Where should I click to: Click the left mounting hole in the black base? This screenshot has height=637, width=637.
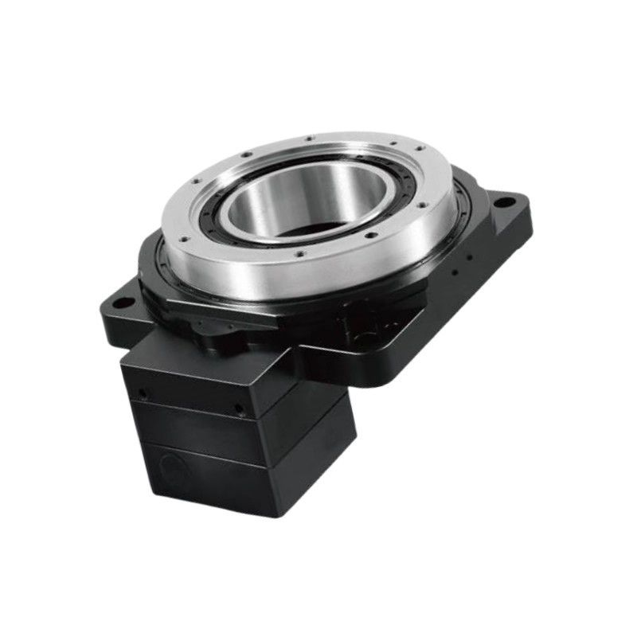tap(120, 303)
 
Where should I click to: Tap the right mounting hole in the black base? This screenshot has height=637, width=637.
tap(501, 202)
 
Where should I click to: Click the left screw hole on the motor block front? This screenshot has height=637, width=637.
tap(143, 393)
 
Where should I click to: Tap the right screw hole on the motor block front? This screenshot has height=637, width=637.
tap(238, 409)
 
